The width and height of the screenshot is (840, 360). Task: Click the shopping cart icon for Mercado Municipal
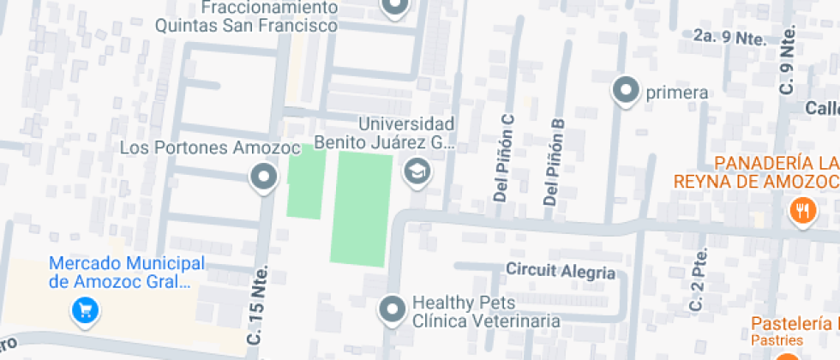[83, 309]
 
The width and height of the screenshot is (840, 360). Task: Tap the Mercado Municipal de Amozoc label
[127, 273]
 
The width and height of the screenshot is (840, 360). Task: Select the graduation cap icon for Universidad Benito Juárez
[417, 171]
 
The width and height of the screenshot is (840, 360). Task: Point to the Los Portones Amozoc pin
[262, 179]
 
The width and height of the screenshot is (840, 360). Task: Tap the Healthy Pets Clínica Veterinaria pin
[393, 309]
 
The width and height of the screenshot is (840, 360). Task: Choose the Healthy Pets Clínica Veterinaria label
[486, 312]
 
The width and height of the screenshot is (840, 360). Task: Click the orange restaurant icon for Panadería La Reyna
[802, 210]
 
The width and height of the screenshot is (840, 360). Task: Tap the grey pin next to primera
[627, 91]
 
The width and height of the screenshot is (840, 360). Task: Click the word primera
[676, 93]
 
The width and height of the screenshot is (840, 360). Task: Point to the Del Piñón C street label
[505, 159]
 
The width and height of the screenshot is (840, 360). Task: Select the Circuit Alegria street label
[561, 272]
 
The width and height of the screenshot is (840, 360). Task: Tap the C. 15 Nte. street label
[257, 304]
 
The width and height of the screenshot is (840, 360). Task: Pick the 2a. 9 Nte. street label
[729, 37]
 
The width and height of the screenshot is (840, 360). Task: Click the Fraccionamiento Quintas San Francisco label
[246, 16]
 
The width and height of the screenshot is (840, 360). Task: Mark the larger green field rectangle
[360, 208]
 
